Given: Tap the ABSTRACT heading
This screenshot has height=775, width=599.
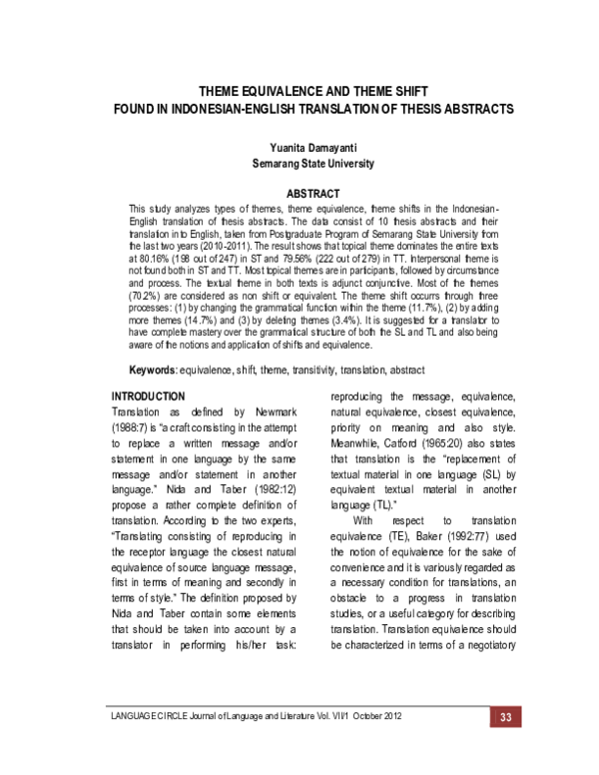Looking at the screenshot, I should [x=313, y=192].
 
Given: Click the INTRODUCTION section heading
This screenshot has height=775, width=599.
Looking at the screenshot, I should [x=148, y=369].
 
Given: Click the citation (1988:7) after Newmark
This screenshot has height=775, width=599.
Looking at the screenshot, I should [x=132, y=401].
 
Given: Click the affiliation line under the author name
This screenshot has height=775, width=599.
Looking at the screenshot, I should [x=312, y=163].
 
